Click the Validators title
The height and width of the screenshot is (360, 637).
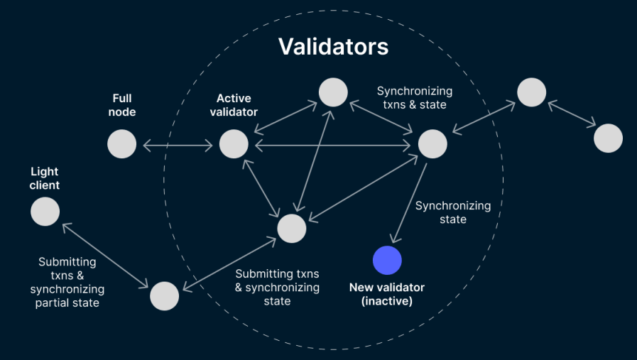[x=333, y=46]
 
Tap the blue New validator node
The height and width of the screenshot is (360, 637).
[x=387, y=260]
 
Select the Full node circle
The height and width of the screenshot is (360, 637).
[x=121, y=144]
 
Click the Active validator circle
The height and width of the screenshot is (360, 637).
[x=234, y=144]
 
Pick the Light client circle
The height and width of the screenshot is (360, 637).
[x=45, y=212]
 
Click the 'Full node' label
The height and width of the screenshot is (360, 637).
[x=121, y=105]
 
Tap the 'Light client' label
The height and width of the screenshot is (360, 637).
[x=45, y=178]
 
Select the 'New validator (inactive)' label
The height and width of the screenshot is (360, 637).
[x=386, y=294]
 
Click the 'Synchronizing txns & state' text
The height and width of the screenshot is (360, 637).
[x=414, y=98]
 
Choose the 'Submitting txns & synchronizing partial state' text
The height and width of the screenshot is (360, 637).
[x=67, y=283]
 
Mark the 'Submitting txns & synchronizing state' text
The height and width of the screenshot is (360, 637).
[x=277, y=287]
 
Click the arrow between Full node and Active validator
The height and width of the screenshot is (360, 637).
[x=178, y=145]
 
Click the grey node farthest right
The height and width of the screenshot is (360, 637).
[x=608, y=138]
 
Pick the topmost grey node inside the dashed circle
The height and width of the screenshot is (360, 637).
[x=333, y=92]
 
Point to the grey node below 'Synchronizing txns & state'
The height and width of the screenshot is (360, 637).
[x=432, y=144]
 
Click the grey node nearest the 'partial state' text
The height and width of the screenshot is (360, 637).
[x=164, y=296]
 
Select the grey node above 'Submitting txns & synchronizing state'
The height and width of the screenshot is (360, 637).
[x=291, y=228]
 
